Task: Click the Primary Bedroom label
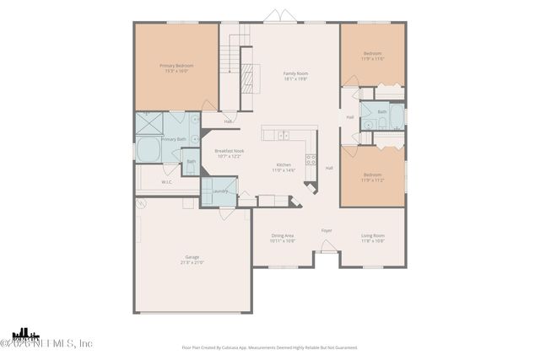click(177, 66)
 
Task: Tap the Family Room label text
click(295, 73)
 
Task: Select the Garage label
click(192, 256)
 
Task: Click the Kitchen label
click(284, 164)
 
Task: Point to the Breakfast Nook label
click(229, 151)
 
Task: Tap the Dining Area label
click(283, 235)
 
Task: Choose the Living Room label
click(373, 235)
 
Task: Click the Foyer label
click(327, 229)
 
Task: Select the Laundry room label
click(220, 191)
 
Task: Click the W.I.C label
click(166, 181)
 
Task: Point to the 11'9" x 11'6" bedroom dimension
click(372, 59)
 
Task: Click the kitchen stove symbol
click(310, 159)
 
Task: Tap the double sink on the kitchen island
click(283, 135)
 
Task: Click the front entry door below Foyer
click(326, 247)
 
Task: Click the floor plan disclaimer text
click(269, 347)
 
